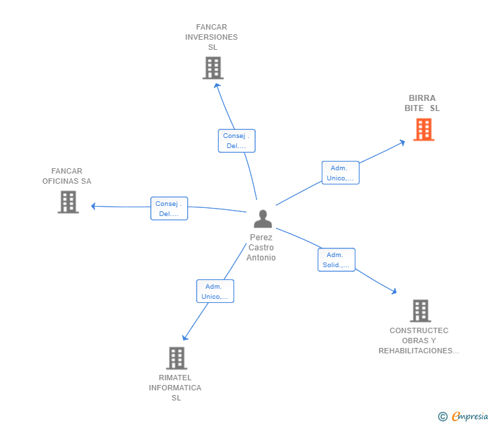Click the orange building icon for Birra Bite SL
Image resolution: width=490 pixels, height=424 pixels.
pyautogui.click(x=423, y=129)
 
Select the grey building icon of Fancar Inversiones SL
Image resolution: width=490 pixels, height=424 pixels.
pyautogui.click(x=213, y=68)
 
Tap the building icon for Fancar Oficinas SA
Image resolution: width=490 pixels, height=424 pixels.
pyautogui.click(x=68, y=202)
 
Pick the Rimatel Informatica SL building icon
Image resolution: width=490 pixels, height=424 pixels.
pyautogui.click(x=176, y=358)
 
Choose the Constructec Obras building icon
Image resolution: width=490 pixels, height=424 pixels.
pyautogui.click(x=420, y=311)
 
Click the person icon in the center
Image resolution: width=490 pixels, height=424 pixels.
pyautogui.click(x=262, y=219)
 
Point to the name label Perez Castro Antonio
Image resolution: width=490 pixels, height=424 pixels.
pyautogui.click(x=261, y=248)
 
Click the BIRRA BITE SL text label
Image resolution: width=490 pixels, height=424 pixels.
pyautogui.click(x=422, y=103)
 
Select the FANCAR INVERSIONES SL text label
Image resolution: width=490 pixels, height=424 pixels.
pyautogui.click(x=211, y=37)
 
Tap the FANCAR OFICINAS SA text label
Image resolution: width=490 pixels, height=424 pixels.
pyautogui.click(x=67, y=176)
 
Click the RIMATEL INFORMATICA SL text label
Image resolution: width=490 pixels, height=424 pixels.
pyautogui.click(x=175, y=388)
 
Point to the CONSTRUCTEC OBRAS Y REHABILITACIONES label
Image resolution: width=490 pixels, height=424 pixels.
pyautogui.click(x=419, y=341)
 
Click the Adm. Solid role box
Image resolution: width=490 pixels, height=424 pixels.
pyautogui.click(x=336, y=260)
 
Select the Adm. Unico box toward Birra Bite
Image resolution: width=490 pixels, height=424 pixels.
pyautogui.click(x=340, y=173)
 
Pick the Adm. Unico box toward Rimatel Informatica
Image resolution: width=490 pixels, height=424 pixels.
pyautogui.click(x=215, y=291)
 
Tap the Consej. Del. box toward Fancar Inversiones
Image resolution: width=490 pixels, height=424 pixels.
pyautogui.click(x=237, y=141)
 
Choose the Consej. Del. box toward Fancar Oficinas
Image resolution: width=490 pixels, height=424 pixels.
pyautogui.click(x=169, y=209)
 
